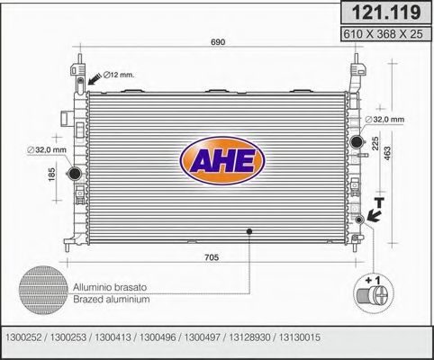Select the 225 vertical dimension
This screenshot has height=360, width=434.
click(373, 141)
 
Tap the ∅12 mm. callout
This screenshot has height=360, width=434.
click(119, 74)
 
